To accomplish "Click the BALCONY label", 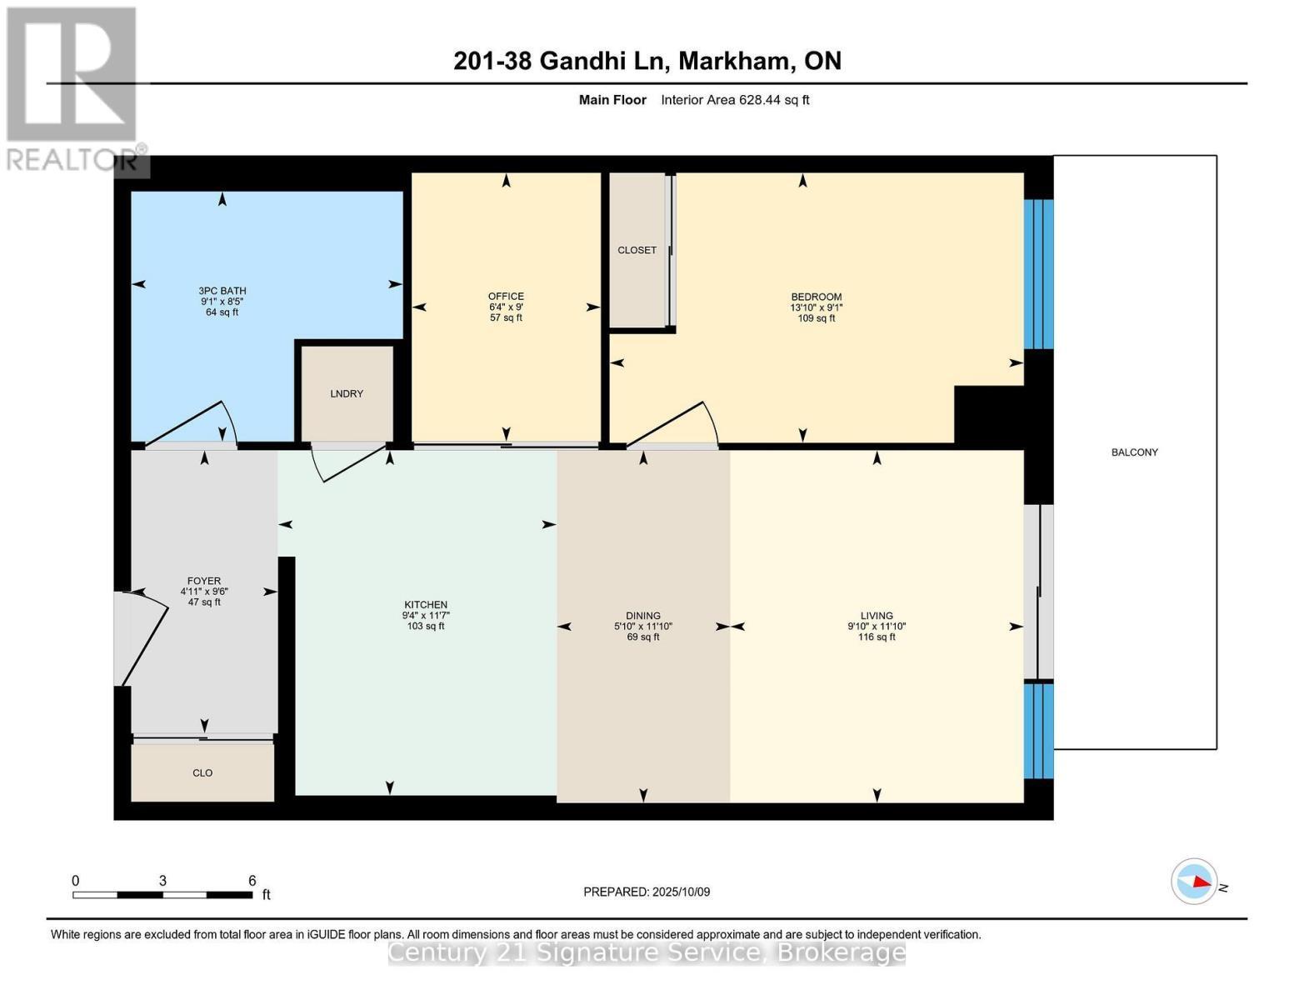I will [1134, 452].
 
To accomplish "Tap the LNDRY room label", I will [347, 394].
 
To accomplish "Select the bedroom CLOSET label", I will [637, 250].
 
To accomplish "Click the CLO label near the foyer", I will [202, 773].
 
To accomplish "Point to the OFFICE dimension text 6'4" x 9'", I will [506, 307].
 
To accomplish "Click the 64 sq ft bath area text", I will [222, 312].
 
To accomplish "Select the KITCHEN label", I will [426, 605].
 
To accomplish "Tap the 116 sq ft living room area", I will [877, 637].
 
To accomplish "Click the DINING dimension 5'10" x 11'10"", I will [643, 627].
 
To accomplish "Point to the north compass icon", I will [1194, 882].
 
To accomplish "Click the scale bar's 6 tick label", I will [252, 881].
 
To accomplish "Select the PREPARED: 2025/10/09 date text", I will [647, 892].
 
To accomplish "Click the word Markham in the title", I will [733, 61].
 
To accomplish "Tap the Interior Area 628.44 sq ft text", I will [735, 100].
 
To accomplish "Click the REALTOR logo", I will [73, 87].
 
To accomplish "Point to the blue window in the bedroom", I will [1038, 274].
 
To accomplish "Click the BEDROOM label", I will [816, 297].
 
